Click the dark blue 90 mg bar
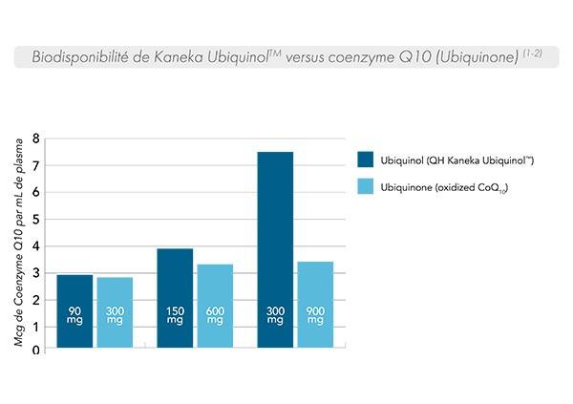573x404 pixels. [74, 312]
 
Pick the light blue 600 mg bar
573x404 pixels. [215, 307]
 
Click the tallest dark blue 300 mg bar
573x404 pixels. [275, 250]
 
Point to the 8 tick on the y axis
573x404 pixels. [35, 139]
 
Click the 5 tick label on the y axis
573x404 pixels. [35, 220]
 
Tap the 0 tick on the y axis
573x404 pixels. [35, 351]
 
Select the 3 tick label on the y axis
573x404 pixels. [35, 273]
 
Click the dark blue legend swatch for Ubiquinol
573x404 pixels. [364, 159]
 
